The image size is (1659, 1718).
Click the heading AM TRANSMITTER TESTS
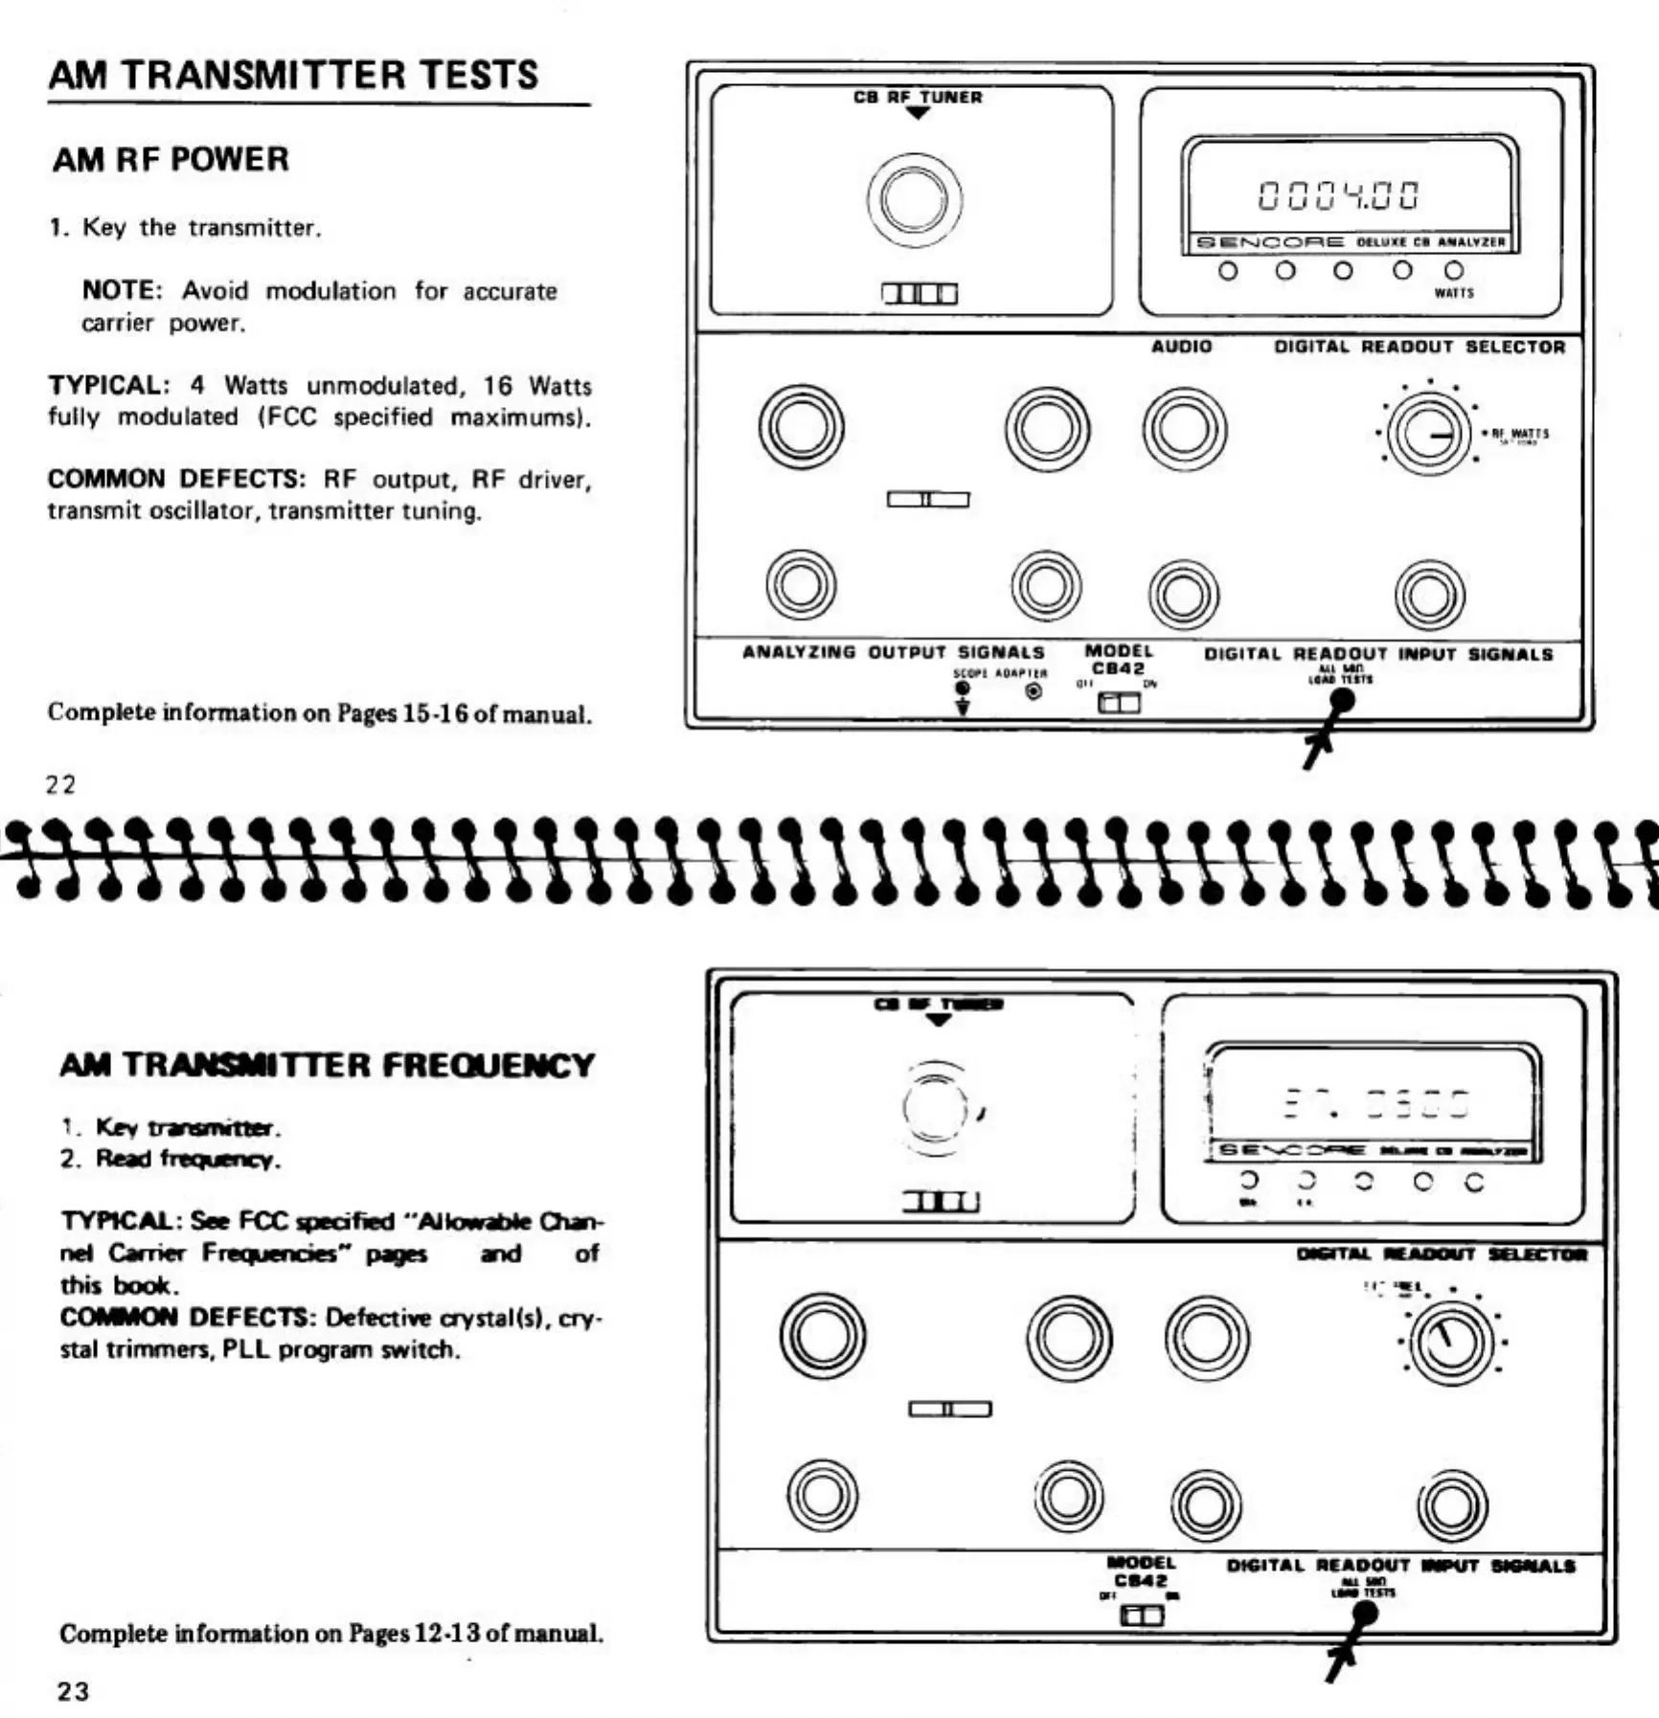[x=293, y=76]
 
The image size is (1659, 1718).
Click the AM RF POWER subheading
[x=170, y=160]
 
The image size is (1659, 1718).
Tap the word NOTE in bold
[x=121, y=290]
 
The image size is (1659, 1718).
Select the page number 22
[x=60, y=784]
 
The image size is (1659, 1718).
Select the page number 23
[x=73, y=1691]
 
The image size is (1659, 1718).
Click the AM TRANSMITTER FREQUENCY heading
[x=327, y=1065]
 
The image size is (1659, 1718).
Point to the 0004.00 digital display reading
[x=1339, y=195]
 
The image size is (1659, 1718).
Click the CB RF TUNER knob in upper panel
[x=915, y=199]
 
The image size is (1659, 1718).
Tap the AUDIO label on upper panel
[x=1181, y=347]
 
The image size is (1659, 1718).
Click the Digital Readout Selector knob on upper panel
[x=1428, y=435]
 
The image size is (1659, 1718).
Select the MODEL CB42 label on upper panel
[x=1118, y=660]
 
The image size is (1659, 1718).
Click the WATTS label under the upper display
[x=1453, y=293]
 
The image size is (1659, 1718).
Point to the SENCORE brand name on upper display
[x=1270, y=242]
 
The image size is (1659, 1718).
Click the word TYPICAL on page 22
[x=106, y=385]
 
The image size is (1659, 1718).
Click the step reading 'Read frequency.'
[x=188, y=1159]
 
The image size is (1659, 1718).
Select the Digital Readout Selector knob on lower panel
[x=1451, y=1342]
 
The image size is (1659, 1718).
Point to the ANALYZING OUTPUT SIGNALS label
[x=893, y=652]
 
